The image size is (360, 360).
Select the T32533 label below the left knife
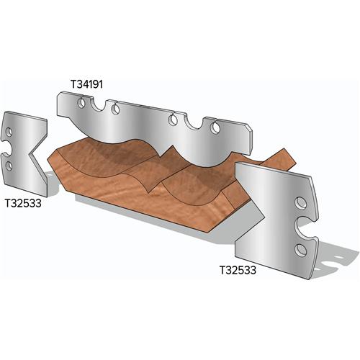23,203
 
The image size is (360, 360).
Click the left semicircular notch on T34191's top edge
112,109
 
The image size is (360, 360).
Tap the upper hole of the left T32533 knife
10,134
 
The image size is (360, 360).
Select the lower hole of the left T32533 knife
9,167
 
